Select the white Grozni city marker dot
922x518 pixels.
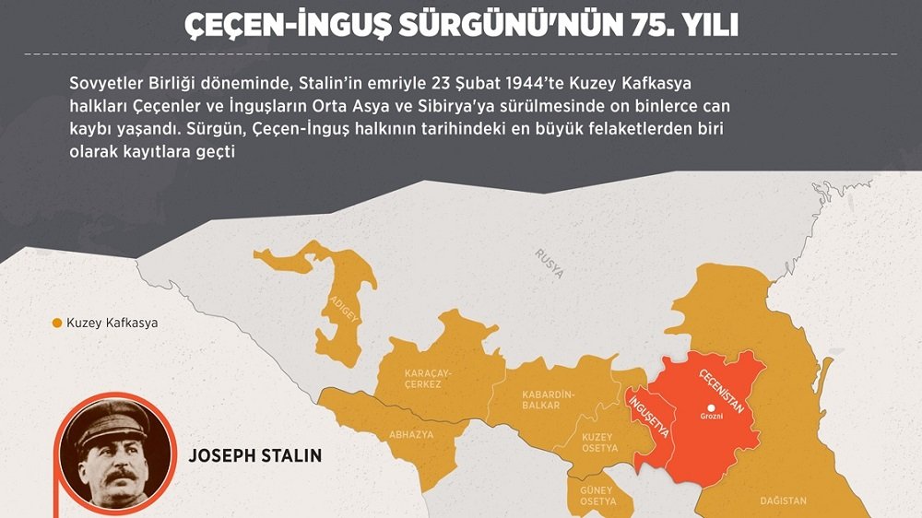coord(710,408)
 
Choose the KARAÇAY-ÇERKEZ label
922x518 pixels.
coord(423,379)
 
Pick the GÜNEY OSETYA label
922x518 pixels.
coord(597,495)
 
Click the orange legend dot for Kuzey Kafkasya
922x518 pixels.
coord(56,324)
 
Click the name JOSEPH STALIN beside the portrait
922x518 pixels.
coord(254,455)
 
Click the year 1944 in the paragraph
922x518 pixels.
coord(488,84)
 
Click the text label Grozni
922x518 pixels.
coord(710,421)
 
